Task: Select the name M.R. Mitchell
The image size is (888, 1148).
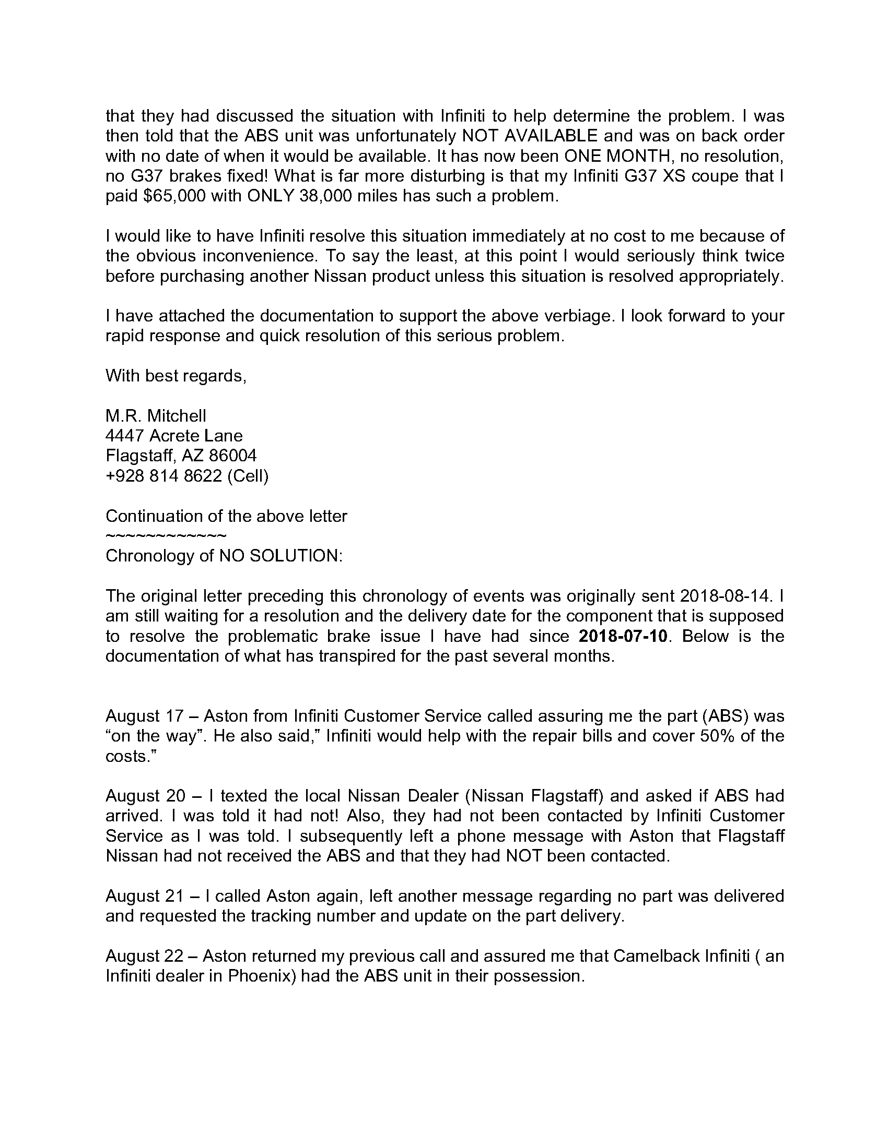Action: click(x=156, y=416)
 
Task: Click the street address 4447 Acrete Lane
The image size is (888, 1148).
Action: click(x=174, y=436)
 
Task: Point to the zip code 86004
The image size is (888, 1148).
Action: click(x=233, y=455)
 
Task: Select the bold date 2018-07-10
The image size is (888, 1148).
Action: click(x=623, y=636)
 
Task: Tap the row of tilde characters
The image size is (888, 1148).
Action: click(x=166, y=536)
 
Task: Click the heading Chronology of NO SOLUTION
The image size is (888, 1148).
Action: click(x=224, y=556)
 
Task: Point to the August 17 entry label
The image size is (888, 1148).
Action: click(x=145, y=716)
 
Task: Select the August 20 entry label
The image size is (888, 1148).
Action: click(x=146, y=796)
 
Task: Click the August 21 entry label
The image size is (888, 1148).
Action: click(x=145, y=895)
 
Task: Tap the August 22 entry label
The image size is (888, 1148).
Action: click(x=145, y=955)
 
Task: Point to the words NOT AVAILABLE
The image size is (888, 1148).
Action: click(x=529, y=136)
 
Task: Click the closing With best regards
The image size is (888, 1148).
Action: click(x=176, y=376)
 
